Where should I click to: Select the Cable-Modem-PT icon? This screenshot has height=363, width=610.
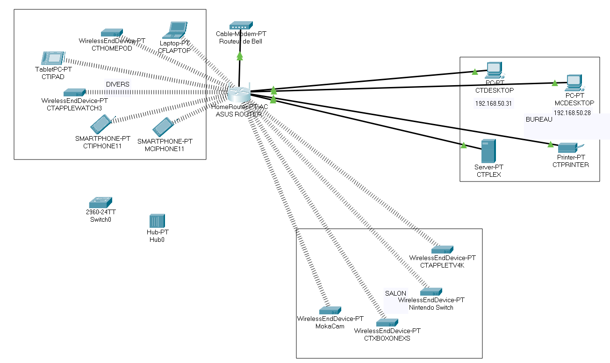click(241, 25)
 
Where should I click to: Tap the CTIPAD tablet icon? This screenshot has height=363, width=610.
click(52, 58)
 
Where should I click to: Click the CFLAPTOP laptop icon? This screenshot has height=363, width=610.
click(175, 30)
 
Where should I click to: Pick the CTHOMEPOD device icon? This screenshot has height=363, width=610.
click(112, 33)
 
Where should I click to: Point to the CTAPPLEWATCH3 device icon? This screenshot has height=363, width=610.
click(74, 92)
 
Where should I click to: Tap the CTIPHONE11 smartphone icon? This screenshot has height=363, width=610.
click(100, 124)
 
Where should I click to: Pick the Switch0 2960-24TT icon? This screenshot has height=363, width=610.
click(100, 202)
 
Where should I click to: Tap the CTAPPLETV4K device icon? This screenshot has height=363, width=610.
click(442, 249)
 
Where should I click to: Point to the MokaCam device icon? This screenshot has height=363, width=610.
click(330, 311)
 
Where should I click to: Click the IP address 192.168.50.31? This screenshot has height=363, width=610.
click(494, 103)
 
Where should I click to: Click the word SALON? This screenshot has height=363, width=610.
click(395, 293)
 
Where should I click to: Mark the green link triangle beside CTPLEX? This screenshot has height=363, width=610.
click(464, 146)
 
